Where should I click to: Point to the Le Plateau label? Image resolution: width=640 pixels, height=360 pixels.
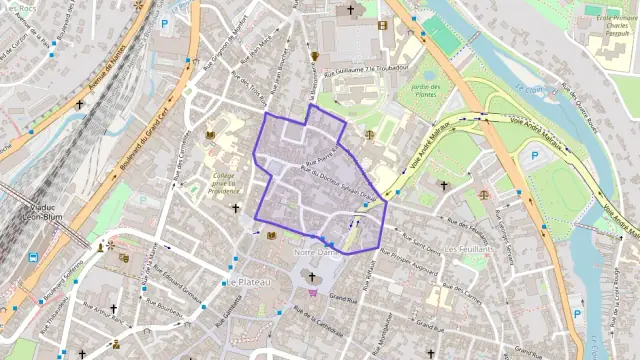click(244, 283)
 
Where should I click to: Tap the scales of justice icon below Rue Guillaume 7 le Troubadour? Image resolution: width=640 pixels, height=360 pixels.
click(369, 134)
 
